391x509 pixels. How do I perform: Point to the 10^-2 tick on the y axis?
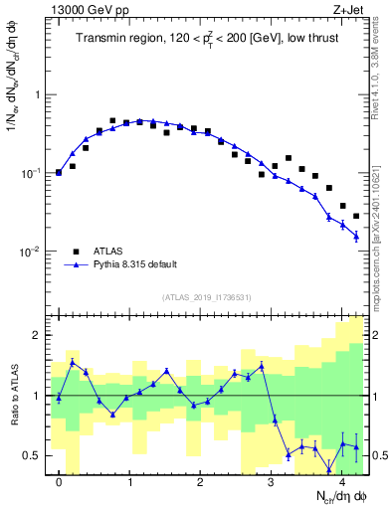35,252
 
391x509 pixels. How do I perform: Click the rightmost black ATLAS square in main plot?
356,216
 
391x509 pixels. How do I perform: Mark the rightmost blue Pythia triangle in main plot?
356,236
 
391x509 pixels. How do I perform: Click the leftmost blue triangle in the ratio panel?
59,398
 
